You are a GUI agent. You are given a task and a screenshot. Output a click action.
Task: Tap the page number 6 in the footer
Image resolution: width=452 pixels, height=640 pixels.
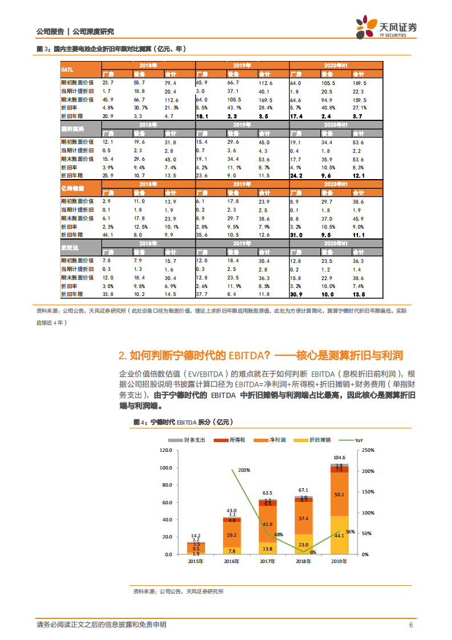[x=410, y=625]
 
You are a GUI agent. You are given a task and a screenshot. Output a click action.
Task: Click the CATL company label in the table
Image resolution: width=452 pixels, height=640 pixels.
[x=67, y=69]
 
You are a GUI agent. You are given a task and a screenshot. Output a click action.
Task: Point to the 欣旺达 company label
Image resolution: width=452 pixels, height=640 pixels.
[x=70, y=248]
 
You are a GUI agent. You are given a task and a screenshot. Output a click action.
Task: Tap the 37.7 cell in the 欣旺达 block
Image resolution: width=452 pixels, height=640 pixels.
[x=201, y=294]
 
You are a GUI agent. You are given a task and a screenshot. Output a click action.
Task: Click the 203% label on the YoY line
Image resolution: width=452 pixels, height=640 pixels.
[x=245, y=470]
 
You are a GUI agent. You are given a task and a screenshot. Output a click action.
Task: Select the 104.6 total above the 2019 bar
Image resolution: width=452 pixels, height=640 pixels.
[x=339, y=457]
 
